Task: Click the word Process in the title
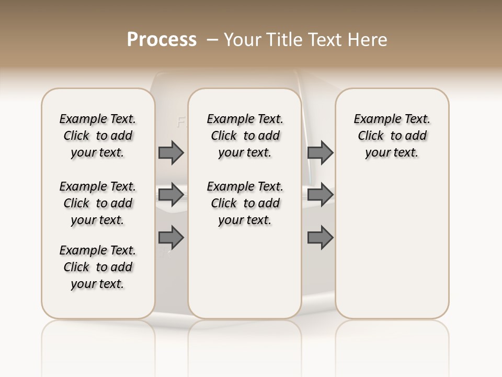tap(162, 39)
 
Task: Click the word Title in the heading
tap(284, 39)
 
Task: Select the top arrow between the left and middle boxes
tap(171, 152)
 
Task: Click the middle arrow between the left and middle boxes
tap(171, 195)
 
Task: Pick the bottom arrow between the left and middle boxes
tap(171, 238)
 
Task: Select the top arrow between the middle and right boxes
tap(320, 152)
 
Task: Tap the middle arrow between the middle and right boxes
tap(320, 195)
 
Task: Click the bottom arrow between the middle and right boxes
tap(320, 238)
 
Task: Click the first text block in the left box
tap(98, 136)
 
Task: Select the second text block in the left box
tap(98, 203)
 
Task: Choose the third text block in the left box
tap(98, 267)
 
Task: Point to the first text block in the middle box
tap(245, 136)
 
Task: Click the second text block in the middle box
tap(245, 203)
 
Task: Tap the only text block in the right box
tap(392, 136)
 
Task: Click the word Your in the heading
tap(243, 39)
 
